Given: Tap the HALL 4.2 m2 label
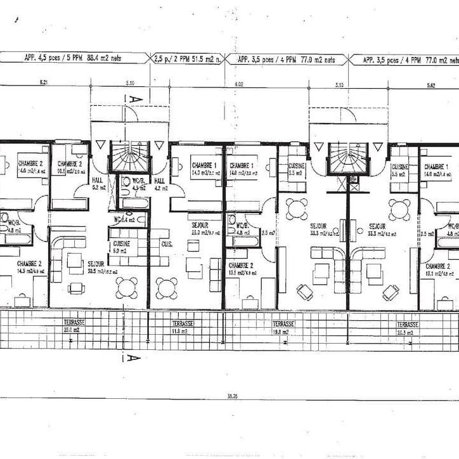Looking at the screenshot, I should tap(160, 183).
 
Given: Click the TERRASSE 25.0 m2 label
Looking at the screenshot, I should tap(74, 326).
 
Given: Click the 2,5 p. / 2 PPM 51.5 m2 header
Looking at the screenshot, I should tap(188, 60).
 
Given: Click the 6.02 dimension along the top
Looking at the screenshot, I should tap(239, 84).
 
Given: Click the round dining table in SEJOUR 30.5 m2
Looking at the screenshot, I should tap(126, 287).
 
